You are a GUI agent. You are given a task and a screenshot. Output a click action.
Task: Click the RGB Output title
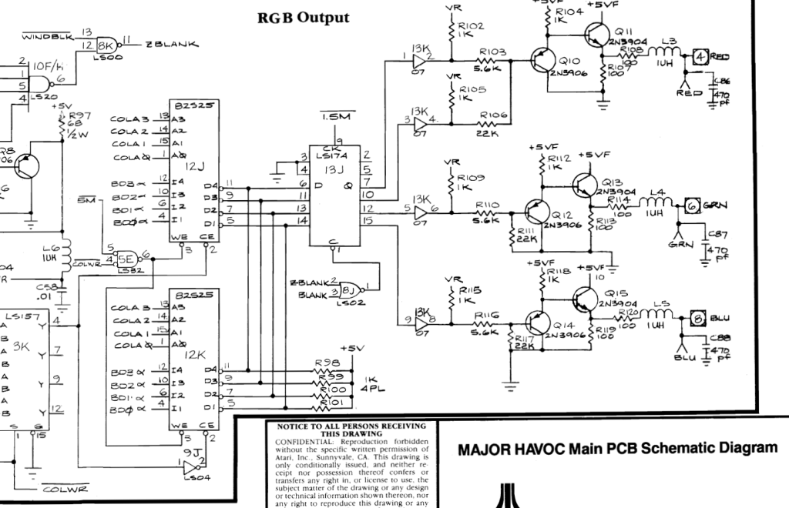coord(303,17)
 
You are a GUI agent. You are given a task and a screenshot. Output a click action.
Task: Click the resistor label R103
coord(492,52)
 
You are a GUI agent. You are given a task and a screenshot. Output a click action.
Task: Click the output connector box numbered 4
coord(700,55)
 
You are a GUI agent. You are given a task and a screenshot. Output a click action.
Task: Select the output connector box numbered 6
coord(693,205)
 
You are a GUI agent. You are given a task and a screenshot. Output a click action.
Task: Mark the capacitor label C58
coord(48,286)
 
